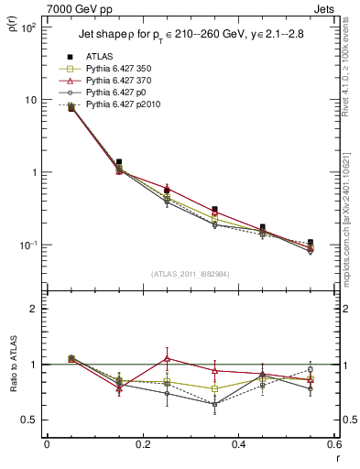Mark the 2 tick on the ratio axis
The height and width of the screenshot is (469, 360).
click(x=33, y=309)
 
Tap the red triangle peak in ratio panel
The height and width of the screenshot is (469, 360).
click(x=167, y=358)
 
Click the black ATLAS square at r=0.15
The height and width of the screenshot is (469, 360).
click(x=119, y=161)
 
